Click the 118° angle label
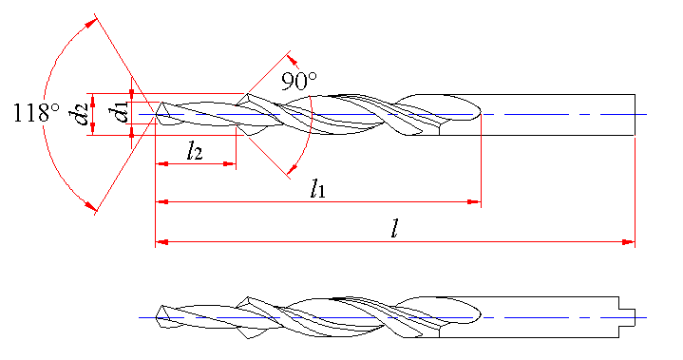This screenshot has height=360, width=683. point(37,113)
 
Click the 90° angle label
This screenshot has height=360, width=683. point(299,81)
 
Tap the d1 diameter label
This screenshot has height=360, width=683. point(119,111)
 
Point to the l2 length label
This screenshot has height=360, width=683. point(195,151)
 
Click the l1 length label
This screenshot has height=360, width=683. point(317,189)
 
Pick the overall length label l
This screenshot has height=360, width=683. point(394,228)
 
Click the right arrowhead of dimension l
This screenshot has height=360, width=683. point(629,242)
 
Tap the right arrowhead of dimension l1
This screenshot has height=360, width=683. point(474,202)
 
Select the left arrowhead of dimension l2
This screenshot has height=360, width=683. point(162,164)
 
